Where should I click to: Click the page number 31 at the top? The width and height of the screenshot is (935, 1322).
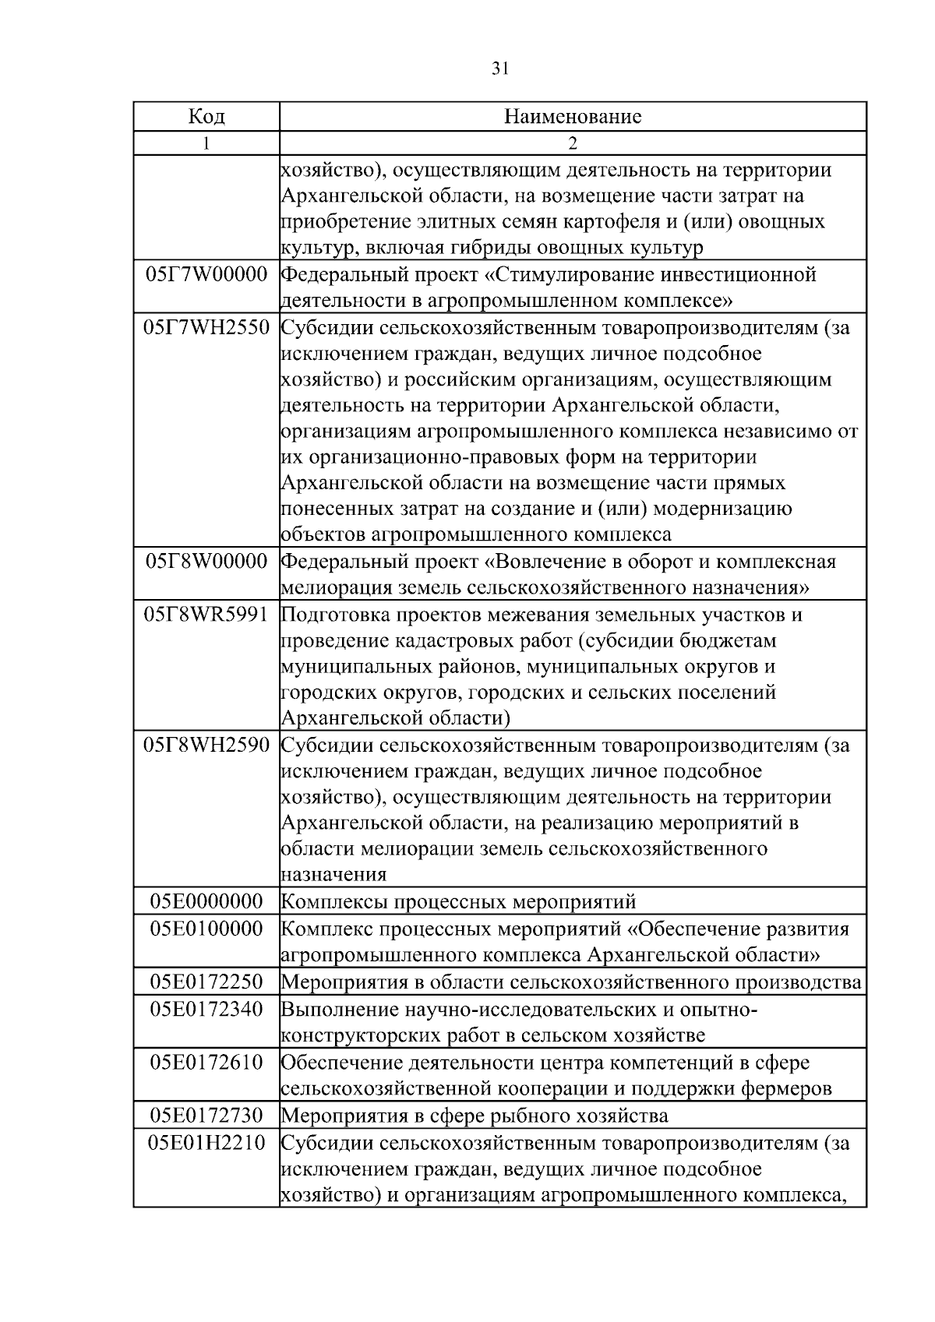(500, 69)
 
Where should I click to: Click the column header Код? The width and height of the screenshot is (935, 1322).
(206, 117)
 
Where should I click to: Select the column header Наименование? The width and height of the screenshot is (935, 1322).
(573, 117)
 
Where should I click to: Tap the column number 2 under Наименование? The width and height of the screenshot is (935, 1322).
(573, 143)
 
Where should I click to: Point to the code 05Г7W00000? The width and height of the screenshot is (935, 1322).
(206, 275)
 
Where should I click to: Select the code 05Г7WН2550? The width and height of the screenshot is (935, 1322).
(206, 328)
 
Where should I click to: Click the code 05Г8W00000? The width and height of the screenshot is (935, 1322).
(206, 562)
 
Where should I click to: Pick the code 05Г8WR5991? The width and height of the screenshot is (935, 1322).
(206, 615)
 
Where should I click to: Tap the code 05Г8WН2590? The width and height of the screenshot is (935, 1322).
(206, 746)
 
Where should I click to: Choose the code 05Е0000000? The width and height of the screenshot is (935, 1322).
(206, 902)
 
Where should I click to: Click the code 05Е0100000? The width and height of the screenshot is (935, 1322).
(206, 929)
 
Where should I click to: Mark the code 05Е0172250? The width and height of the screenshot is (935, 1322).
(206, 982)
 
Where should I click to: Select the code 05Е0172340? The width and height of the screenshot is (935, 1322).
(206, 1010)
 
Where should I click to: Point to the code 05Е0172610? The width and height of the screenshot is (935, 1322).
(206, 1063)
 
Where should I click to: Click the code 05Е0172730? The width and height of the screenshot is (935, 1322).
(206, 1116)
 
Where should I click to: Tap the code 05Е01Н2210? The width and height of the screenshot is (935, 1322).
(206, 1143)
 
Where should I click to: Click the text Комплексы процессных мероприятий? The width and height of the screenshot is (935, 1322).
(458, 902)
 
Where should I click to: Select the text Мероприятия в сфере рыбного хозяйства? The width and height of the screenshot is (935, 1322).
(474, 1116)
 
